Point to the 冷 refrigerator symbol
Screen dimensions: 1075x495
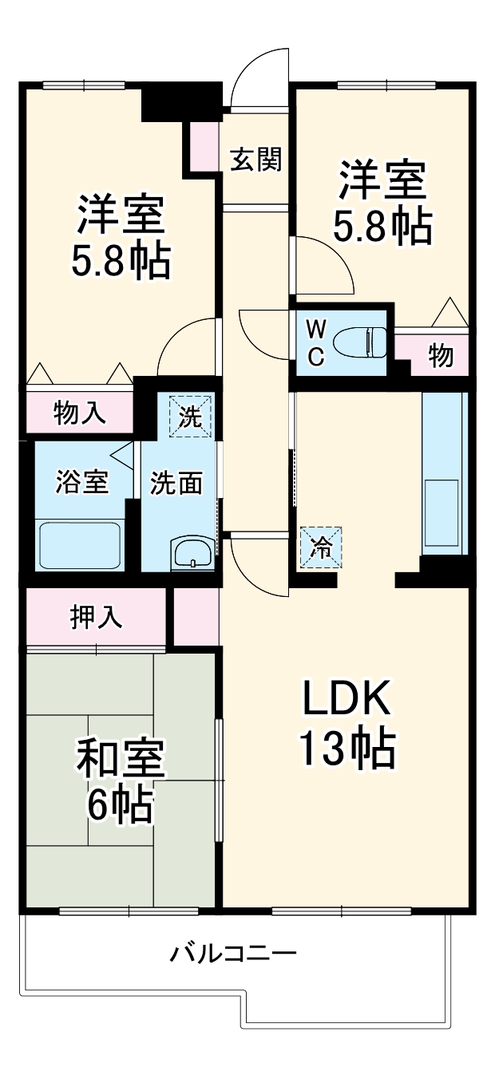click(x=321, y=547)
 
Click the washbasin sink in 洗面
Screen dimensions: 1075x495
click(x=193, y=553)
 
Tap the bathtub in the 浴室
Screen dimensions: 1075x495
click(x=80, y=544)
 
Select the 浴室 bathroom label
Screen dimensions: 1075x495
click(x=82, y=483)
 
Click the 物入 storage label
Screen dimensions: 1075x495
click(x=79, y=413)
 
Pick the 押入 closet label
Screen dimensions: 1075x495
click(x=97, y=617)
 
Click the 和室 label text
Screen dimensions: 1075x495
click(x=121, y=761)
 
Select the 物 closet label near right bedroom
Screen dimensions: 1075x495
click(x=441, y=356)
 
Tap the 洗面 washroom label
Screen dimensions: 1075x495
click(x=177, y=483)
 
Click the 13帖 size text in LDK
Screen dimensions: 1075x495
click(x=346, y=749)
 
